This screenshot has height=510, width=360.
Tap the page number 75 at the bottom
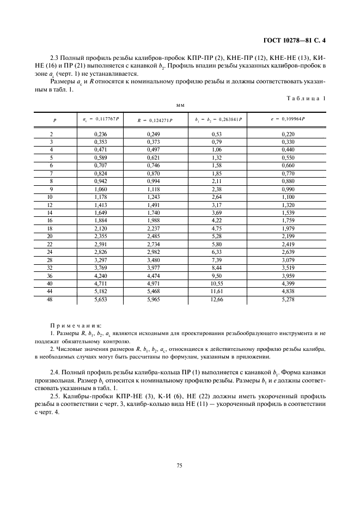pyautogui.click(x=179, y=465)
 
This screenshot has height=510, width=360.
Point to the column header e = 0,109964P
pyautogui.click(x=288, y=119)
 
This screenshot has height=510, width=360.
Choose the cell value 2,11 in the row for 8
pyautogui.click(x=218, y=180)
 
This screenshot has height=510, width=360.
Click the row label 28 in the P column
pyautogui.click(x=52, y=261)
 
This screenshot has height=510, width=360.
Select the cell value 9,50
pyautogui.click(x=218, y=276)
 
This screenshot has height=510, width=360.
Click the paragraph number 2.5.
pyautogui.click(x=56, y=397)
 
